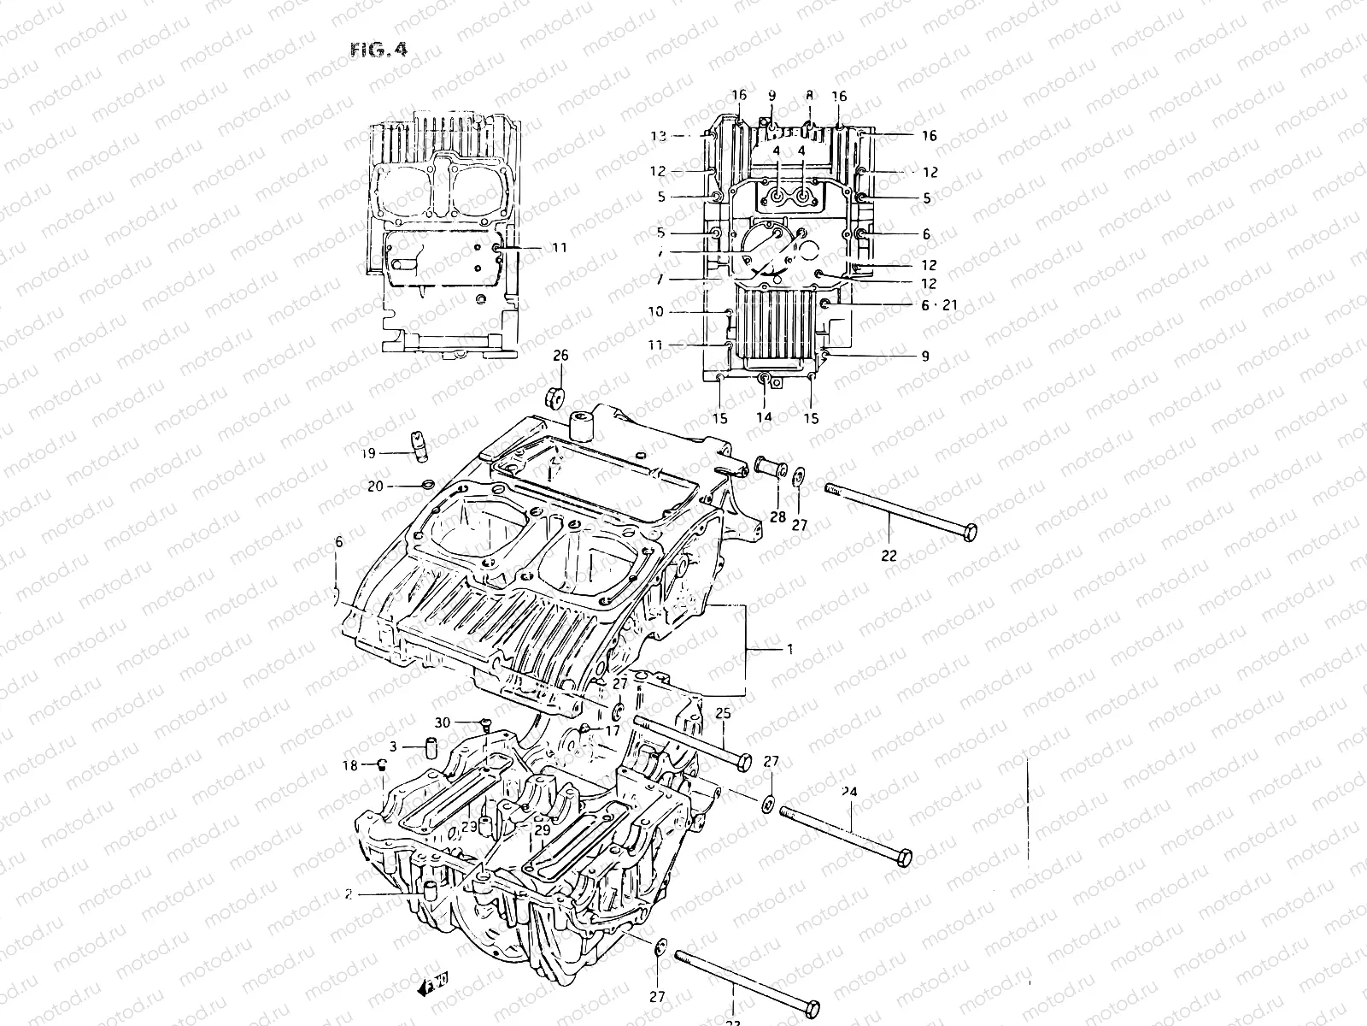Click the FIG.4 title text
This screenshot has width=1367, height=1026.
coord(378,49)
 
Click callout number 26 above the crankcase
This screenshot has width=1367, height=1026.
coord(560,356)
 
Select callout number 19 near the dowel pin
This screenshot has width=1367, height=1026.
coord(368,454)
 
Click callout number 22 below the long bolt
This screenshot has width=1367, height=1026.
coord(889,555)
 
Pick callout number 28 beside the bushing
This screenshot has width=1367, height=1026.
coord(777,517)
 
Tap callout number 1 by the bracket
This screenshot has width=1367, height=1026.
coord(789,650)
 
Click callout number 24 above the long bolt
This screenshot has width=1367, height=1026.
coord(848,792)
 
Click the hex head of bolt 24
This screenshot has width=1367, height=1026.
coord(902,856)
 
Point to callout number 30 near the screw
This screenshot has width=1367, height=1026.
coord(441,722)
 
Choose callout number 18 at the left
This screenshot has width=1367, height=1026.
coord(350,766)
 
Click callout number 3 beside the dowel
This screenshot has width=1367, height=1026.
coord(393,746)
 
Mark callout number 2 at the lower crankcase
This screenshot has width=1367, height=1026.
coord(348,895)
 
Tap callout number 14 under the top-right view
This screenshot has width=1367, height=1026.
coord(764,417)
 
